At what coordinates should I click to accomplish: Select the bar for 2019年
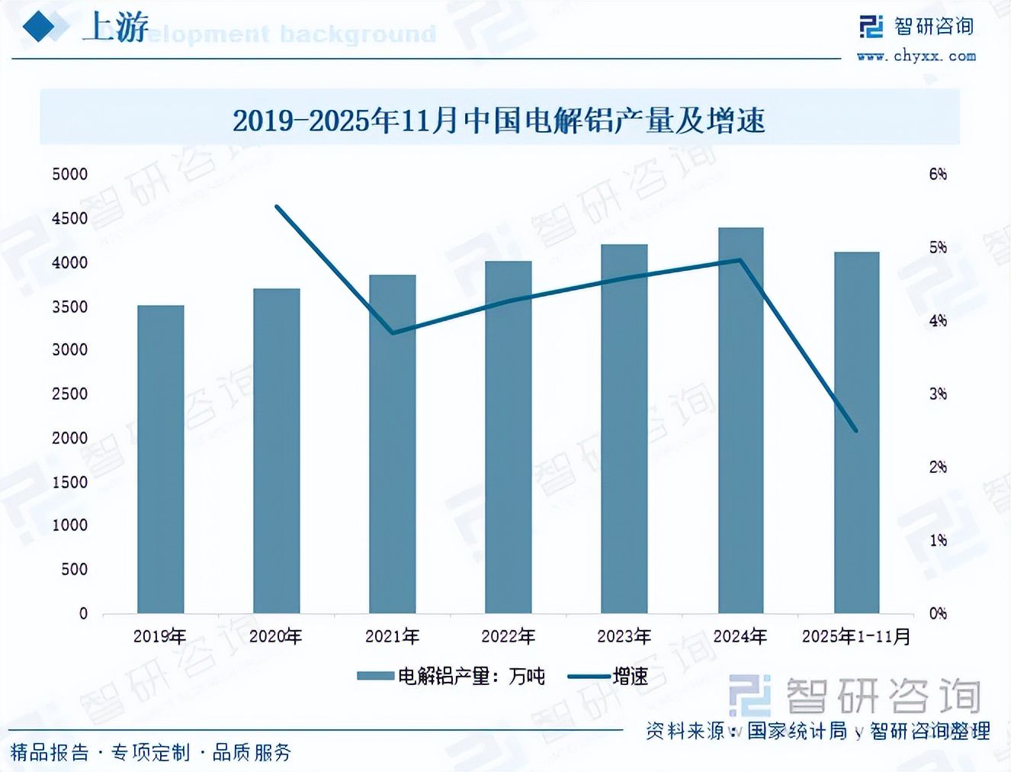pyautogui.click(x=160, y=459)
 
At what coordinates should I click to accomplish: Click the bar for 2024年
pyautogui.click(x=740, y=420)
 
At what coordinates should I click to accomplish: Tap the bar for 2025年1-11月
pyautogui.click(x=856, y=433)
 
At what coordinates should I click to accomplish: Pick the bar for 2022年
pyautogui.click(x=508, y=437)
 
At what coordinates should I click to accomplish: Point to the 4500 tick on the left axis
pyautogui.click(x=70, y=219)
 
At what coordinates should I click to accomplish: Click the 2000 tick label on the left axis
pyautogui.click(x=70, y=439)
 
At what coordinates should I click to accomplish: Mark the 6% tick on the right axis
pyautogui.click(x=938, y=175)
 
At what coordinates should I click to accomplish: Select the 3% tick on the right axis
pyautogui.click(x=938, y=394)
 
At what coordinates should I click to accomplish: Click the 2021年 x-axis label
pyautogui.click(x=392, y=636)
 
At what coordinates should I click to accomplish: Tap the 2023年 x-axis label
pyautogui.click(x=624, y=636)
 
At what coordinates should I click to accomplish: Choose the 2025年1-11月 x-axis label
pyautogui.click(x=856, y=636)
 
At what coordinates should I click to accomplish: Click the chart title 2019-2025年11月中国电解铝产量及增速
pyautogui.click(x=499, y=121)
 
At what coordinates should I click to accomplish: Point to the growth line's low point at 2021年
pyautogui.click(x=392, y=333)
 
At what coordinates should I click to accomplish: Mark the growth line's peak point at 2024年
pyautogui.click(x=740, y=260)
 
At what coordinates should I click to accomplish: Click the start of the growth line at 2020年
pyautogui.click(x=277, y=207)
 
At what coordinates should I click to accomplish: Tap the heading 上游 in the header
pyautogui.click(x=116, y=28)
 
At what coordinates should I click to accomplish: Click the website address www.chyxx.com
pyautogui.click(x=916, y=56)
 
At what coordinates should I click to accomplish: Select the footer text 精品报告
pyautogui.click(x=50, y=753)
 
